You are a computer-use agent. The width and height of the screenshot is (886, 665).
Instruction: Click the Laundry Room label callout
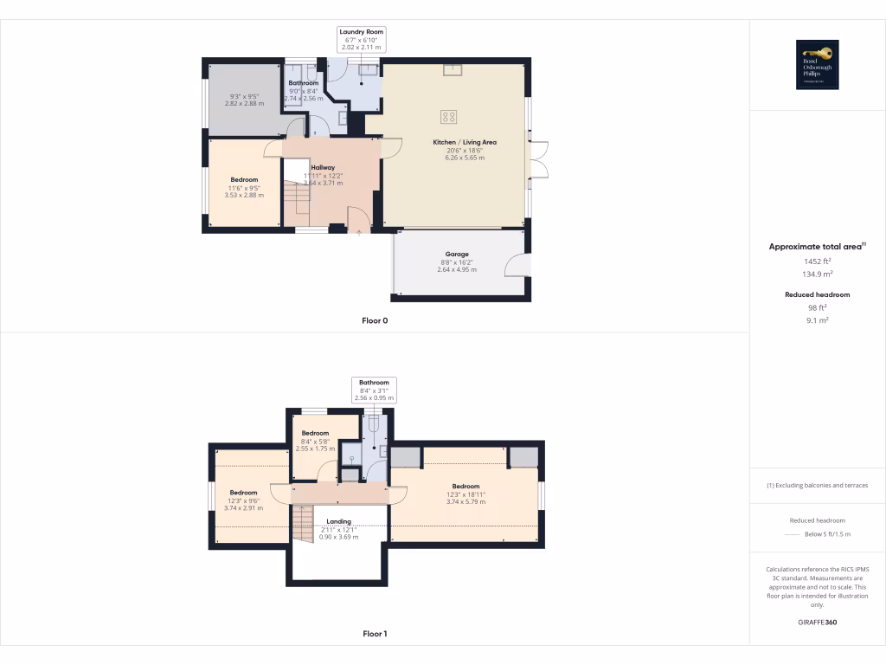362,40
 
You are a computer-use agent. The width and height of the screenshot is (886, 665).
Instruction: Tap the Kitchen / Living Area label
465,142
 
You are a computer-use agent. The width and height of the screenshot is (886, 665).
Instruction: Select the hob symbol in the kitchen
449,116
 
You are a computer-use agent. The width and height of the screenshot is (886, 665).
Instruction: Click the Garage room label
457,255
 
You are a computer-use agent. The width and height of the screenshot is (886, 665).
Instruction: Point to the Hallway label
323,168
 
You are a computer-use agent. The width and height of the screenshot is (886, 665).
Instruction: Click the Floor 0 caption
375,320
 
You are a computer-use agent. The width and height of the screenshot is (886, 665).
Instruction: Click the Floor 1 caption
375,634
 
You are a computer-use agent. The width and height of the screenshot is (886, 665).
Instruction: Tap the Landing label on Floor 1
338,522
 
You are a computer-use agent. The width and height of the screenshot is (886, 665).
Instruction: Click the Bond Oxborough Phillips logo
817,65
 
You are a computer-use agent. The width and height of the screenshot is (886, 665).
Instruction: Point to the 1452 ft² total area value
817,261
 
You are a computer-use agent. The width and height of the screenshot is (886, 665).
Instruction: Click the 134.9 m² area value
817,274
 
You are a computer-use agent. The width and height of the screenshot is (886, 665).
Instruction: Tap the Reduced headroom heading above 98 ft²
817,294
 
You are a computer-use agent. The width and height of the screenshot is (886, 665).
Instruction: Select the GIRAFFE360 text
817,623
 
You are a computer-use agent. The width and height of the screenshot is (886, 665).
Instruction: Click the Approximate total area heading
817,247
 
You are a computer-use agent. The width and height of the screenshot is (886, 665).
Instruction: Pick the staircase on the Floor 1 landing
302,522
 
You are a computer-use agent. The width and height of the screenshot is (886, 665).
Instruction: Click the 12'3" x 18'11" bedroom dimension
465,494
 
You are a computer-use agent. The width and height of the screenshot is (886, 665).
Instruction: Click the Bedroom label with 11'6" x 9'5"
244,180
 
